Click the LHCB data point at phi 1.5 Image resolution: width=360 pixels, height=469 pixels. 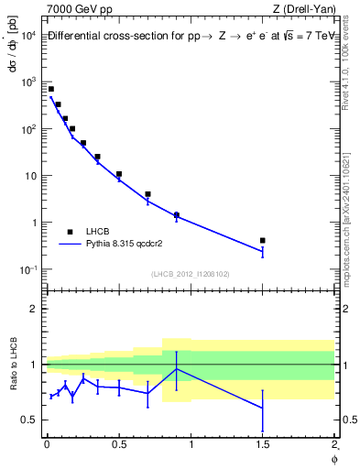263,240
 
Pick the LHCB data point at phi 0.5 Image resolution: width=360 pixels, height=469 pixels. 119,173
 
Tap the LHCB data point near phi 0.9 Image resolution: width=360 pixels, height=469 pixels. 176,214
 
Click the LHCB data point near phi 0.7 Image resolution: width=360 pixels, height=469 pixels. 147,194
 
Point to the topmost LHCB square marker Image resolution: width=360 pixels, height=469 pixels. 51,89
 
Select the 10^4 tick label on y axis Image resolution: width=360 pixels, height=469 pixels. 27,35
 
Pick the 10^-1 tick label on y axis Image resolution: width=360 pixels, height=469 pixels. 27,269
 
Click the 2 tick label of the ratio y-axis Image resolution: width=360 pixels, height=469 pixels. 33,309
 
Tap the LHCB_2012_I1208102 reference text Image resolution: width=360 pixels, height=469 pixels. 190,274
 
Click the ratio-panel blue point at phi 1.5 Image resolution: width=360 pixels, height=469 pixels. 263,408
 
